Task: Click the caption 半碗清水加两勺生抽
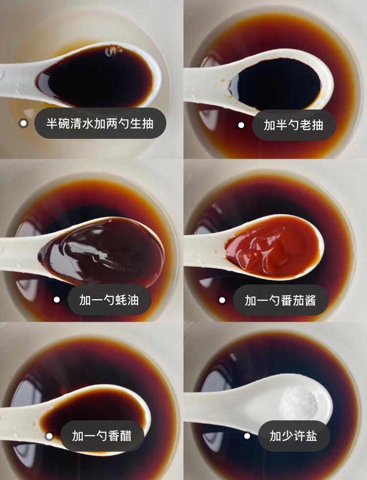(x=100, y=123)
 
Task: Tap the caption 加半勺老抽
(x=294, y=125)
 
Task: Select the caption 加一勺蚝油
(x=109, y=300)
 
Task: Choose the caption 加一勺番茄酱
(x=280, y=300)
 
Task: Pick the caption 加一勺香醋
(x=102, y=436)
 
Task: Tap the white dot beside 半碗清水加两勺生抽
(x=23, y=123)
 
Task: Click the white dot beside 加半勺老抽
(x=241, y=125)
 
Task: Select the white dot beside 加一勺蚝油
(x=57, y=300)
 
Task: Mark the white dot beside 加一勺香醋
(x=49, y=436)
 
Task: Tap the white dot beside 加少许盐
(x=247, y=436)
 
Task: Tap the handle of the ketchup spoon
(x=203, y=249)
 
